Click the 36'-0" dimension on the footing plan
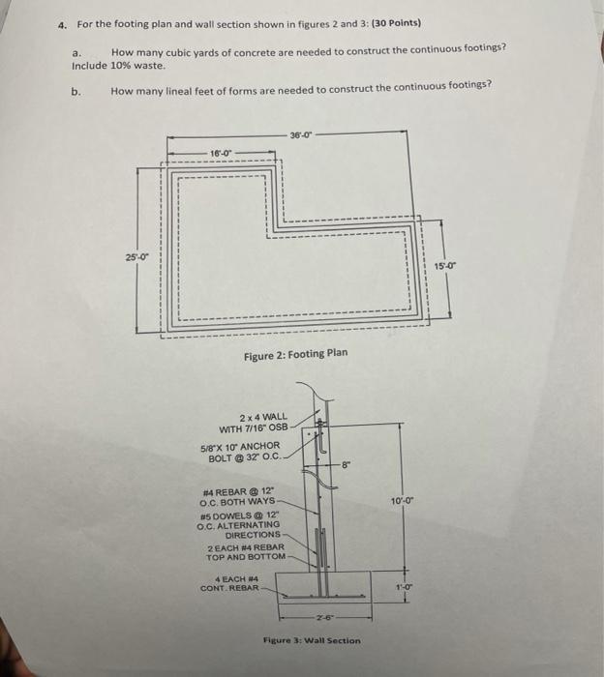pyautogui.click(x=301, y=133)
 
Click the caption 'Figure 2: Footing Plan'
pyautogui.click(x=295, y=354)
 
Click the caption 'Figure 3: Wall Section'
pyautogui.click(x=312, y=640)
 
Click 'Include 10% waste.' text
pyautogui.click(x=119, y=66)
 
